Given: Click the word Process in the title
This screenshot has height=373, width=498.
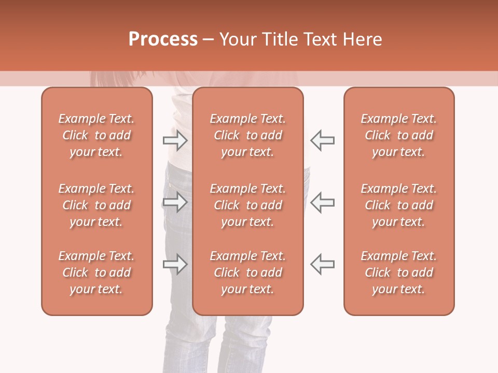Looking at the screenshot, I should pyautogui.click(x=163, y=39).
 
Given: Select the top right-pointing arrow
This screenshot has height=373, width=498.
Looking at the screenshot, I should pyautogui.click(x=175, y=140).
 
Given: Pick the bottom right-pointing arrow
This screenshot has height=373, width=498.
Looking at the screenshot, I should pyautogui.click(x=175, y=264).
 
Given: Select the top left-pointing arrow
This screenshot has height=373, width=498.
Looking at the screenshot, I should pyautogui.click(x=322, y=140).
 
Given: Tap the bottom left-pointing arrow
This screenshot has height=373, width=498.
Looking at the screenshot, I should pyautogui.click(x=322, y=264).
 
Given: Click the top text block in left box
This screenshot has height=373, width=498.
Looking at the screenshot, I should pyautogui.click(x=96, y=135).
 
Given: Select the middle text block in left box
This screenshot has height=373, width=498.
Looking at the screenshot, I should pyautogui.click(x=96, y=205).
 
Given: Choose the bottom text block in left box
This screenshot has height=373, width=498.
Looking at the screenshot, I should pyautogui.click(x=96, y=272).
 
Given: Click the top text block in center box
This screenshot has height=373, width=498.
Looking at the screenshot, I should pyautogui.click(x=247, y=135).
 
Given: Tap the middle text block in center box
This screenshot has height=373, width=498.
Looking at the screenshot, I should pyautogui.click(x=247, y=205).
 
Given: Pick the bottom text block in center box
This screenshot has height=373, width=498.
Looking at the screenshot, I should pyautogui.click(x=247, y=272).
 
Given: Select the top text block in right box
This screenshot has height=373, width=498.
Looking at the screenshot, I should pyautogui.click(x=398, y=135).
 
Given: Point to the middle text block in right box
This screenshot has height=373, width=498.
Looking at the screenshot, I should pyautogui.click(x=398, y=205).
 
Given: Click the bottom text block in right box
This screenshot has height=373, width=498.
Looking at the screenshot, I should pyautogui.click(x=398, y=272).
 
